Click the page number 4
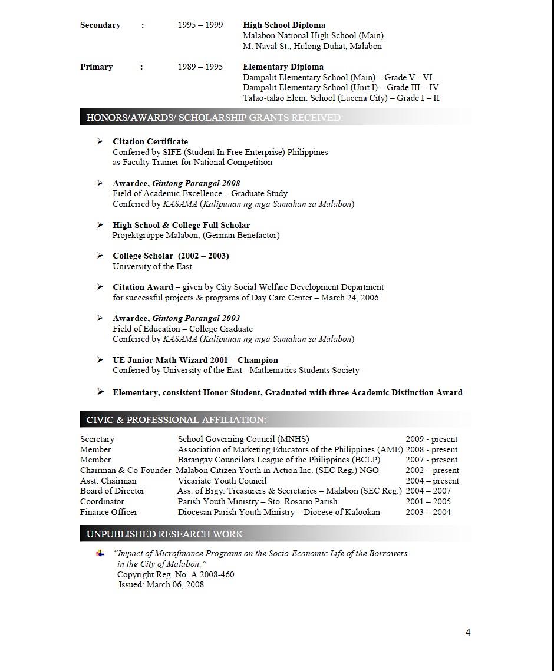click(x=468, y=632)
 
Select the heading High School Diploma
click(x=284, y=25)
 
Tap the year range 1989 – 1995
click(x=200, y=67)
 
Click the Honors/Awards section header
click(x=214, y=117)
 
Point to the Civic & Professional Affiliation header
click(x=176, y=419)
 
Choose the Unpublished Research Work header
click(x=166, y=534)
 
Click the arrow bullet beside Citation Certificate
click(x=100, y=141)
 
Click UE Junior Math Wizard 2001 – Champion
click(x=195, y=360)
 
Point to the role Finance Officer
click(x=108, y=512)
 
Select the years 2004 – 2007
click(x=428, y=491)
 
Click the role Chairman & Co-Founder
click(x=126, y=470)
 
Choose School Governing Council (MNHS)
click(x=243, y=439)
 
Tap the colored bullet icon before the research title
click(x=100, y=553)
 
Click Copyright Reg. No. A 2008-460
click(x=176, y=574)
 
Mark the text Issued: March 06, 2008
click(x=161, y=584)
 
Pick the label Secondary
click(x=100, y=25)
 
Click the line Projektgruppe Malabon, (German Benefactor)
click(x=196, y=235)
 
